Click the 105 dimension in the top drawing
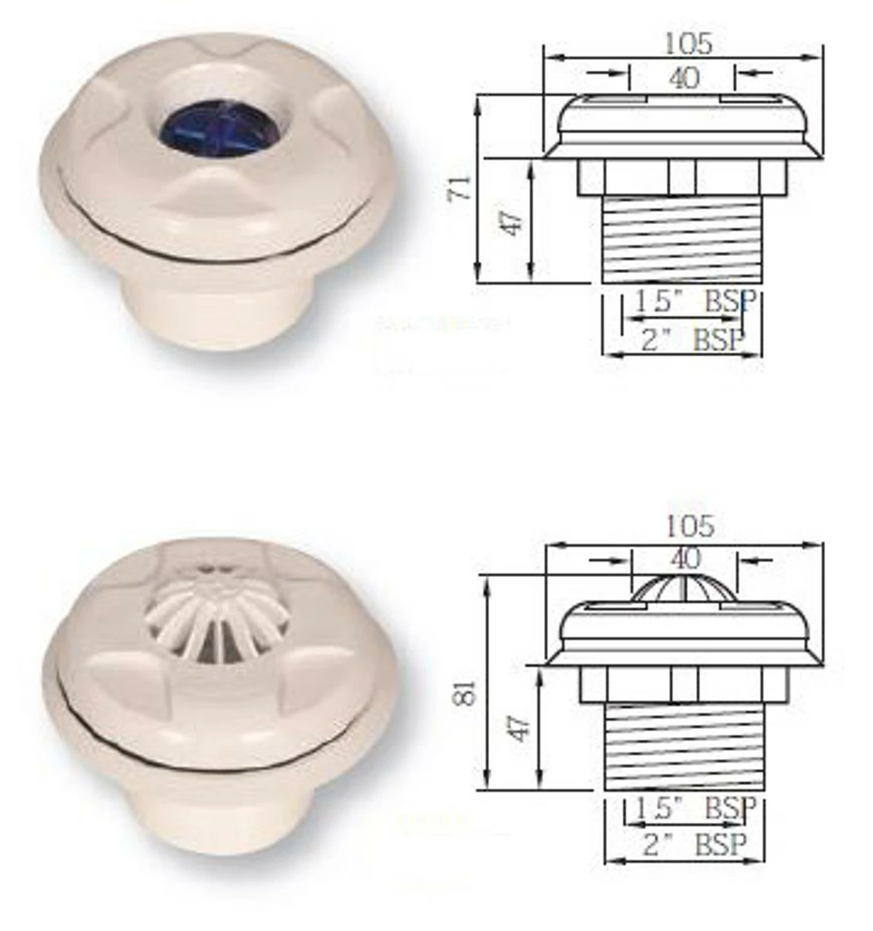(x=687, y=44)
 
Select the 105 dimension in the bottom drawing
(x=688, y=525)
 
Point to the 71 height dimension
(x=464, y=188)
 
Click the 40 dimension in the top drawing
(x=683, y=77)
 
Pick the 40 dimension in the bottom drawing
(x=684, y=559)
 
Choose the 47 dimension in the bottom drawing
(x=517, y=727)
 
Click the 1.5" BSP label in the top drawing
(x=692, y=303)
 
